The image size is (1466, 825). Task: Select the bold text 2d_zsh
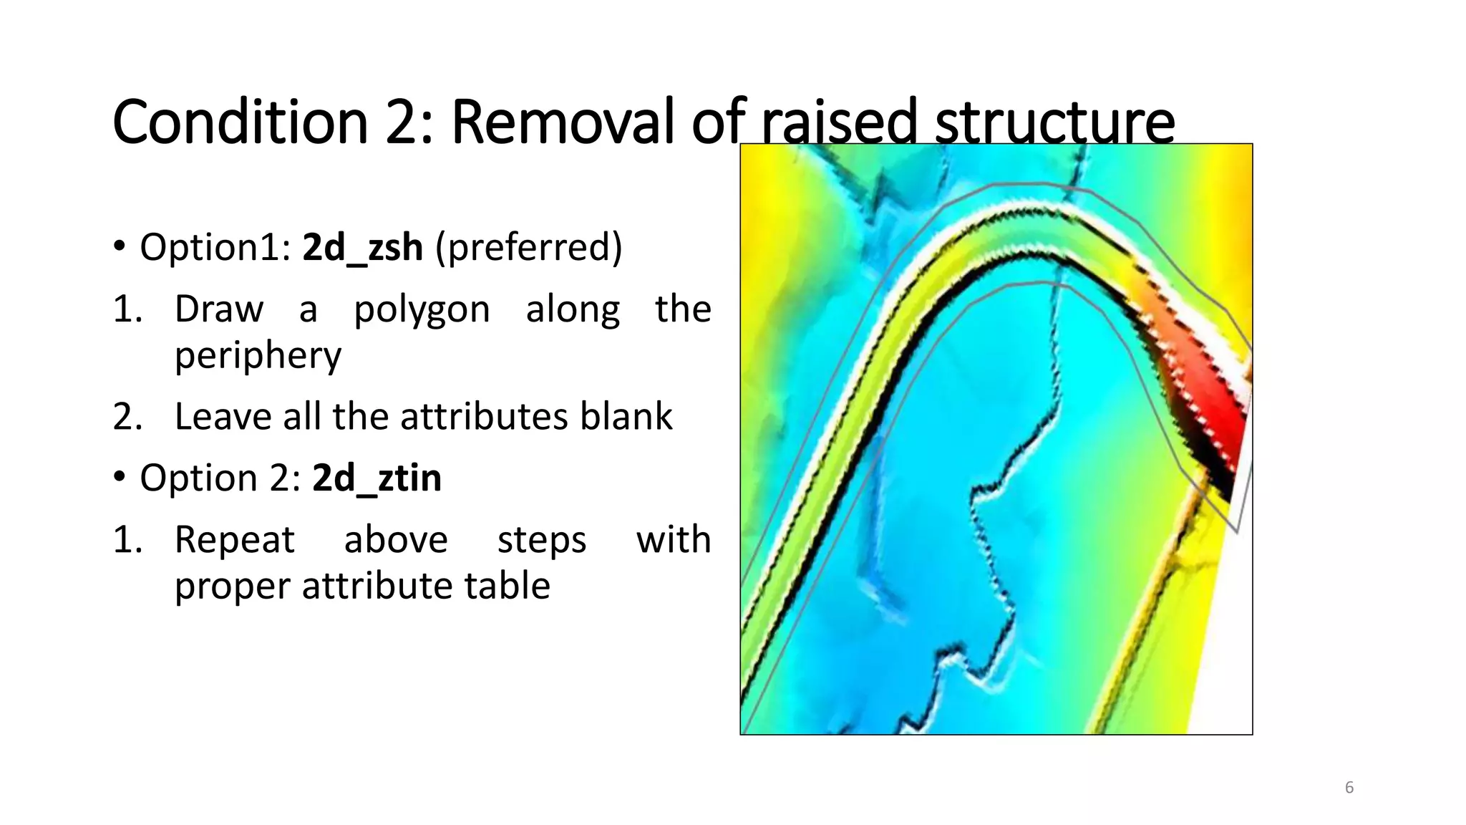point(362,248)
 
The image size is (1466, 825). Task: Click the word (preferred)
point(529,248)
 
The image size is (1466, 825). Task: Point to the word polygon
point(422,309)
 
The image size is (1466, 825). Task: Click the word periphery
point(258,355)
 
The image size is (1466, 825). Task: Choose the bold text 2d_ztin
point(377,478)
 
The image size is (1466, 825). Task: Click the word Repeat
point(234,540)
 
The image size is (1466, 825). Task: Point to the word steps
point(542,540)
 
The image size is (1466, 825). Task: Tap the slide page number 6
point(1349,788)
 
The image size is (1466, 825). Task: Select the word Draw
point(219,309)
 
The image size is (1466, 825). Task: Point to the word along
point(573,309)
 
